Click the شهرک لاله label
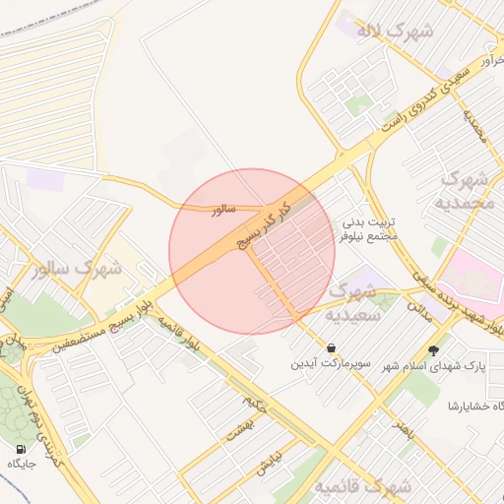pos(395,31)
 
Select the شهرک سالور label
pos(76,267)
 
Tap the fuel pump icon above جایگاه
pos(22,448)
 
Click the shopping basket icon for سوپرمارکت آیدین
pos(330,348)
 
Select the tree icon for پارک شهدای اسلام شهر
pos(434,349)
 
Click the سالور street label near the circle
pos(220,210)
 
